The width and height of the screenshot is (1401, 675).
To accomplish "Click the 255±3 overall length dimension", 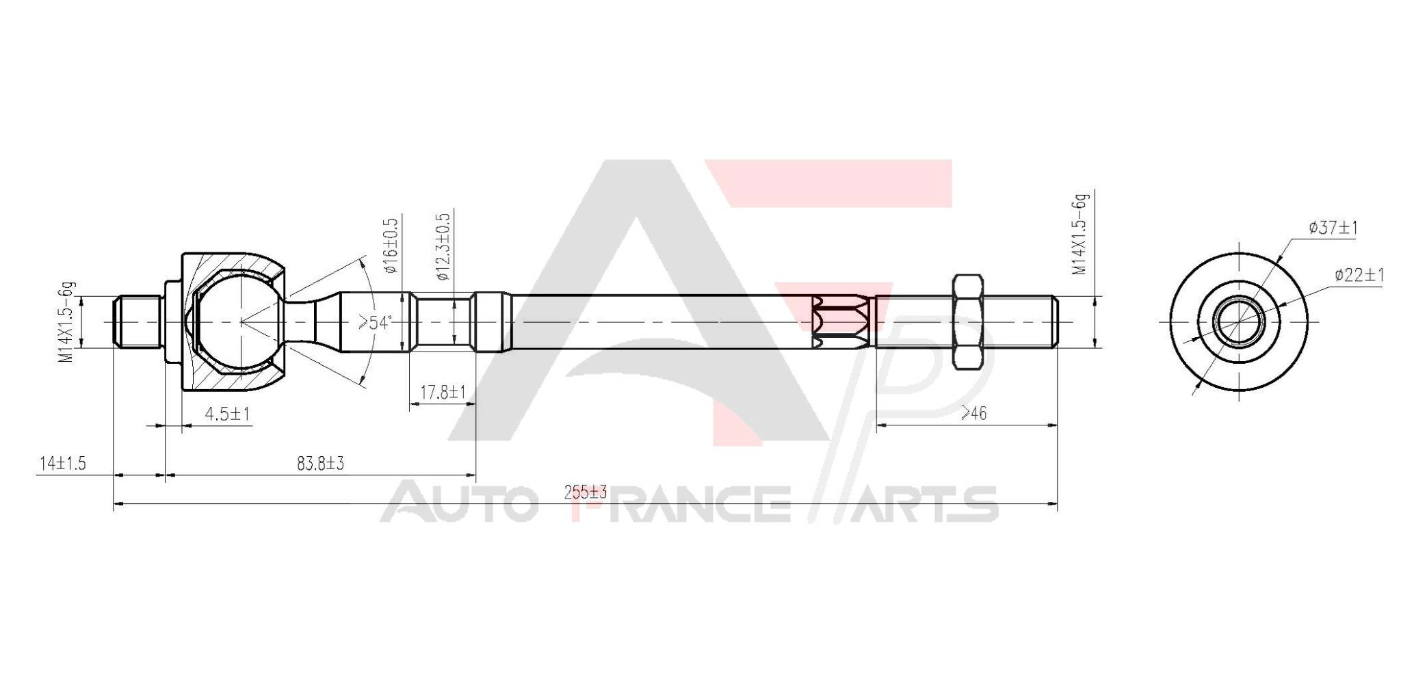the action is tap(586, 492).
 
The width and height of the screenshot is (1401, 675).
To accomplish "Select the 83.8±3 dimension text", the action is tap(320, 463).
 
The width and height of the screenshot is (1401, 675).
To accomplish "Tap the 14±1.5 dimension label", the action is tap(62, 463).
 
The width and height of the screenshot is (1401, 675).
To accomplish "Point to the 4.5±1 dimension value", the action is tap(227, 414).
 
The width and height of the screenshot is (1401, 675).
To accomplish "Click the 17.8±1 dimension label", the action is tap(443, 393).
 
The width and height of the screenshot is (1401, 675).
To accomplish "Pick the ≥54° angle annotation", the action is tap(376, 322).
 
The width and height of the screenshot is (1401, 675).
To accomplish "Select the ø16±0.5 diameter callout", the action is tap(391, 246).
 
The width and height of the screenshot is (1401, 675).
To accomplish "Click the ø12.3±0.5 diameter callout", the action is tap(443, 246).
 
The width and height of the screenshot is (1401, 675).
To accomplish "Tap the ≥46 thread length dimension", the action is tap(973, 413).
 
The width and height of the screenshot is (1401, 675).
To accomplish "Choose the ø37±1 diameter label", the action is tap(1333, 228).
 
